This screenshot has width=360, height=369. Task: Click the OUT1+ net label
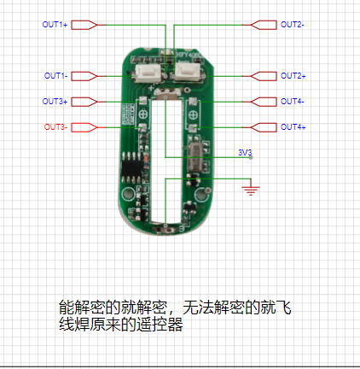click(x=55, y=25)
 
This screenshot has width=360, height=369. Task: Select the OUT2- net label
click(x=293, y=25)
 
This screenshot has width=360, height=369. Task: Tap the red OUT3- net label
click(x=55, y=127)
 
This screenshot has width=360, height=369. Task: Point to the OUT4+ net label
click(x=293, y=127)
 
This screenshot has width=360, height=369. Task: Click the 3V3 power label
click(x=245, y=152)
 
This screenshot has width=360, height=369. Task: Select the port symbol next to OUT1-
click(x=84, y=76)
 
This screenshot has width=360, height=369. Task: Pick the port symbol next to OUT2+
click(x=264, y=76)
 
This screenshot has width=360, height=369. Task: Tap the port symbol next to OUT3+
click(x=84, y=102)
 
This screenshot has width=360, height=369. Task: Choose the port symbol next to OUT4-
click(x=264, y=102)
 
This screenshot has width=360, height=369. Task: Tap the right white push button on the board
click(x=189, y=73)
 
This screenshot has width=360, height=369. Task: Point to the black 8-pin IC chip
click(x=131, y=167)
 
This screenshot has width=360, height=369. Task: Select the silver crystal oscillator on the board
click(x=195, y=157)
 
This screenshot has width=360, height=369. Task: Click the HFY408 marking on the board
click(x=189, y=55)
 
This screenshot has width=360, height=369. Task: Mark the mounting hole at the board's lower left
click(x=128, y=194)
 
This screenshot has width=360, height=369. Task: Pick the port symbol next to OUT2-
click(x=264, y=25)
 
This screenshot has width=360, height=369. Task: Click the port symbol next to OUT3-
click(x=84, y=127)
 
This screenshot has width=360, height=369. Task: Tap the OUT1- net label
click(x=55, y=76)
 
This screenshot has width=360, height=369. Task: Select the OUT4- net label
click(x=293, y=102)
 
